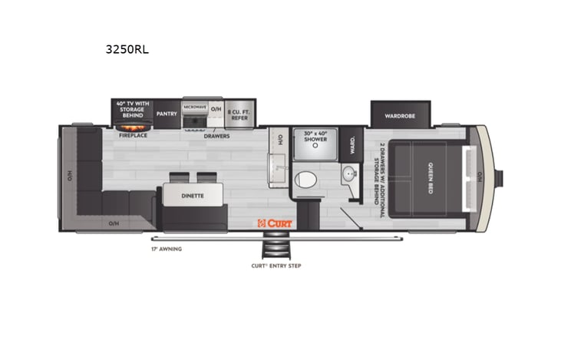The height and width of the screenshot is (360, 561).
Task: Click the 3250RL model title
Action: (x=127, y=51)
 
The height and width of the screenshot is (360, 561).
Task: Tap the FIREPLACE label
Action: (x=133, y=135)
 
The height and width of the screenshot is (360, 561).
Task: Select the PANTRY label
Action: (x=167, y=114)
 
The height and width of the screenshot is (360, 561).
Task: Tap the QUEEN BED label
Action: (x=429, y=178)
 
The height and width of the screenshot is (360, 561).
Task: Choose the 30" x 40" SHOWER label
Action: (x=315, y=135)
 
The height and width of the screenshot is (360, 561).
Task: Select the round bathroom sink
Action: (x=349, y=174)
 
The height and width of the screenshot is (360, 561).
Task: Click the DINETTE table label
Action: (x=193, y=196)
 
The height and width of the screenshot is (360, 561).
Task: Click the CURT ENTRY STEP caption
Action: (x=276, y=266)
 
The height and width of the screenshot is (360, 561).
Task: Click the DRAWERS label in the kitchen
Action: (x=217, y=135)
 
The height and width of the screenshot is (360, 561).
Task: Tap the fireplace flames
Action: (x=134, y=127)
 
